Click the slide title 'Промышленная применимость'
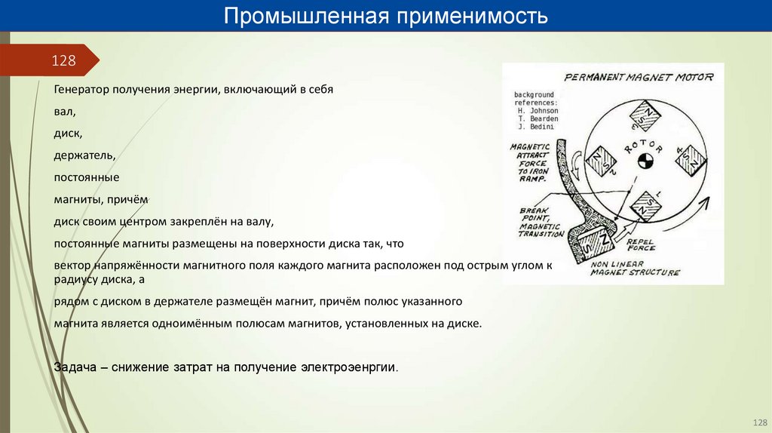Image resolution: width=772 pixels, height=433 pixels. (x=385, y=16)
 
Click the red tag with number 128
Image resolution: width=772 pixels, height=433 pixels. (x=63, y=60)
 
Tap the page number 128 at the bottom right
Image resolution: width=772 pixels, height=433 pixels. (x=758, y=422)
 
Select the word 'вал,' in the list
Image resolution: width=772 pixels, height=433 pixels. (x=65, y=112)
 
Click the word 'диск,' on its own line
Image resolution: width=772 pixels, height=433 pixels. (x=69, y=134)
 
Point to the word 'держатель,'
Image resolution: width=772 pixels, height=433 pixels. (x=84, y=155)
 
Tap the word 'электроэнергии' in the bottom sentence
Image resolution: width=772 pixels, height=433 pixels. (x=348, y=367)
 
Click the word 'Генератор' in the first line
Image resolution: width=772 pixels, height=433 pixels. (x=81, y=90)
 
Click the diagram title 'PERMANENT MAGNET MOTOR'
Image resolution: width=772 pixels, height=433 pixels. (x=639, y=76)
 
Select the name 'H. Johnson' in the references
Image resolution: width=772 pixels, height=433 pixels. (x=538, y=110)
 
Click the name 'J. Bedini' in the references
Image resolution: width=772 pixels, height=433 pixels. (x=536, y=126)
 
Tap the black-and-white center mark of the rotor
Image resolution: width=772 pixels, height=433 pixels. (x=645, y=160)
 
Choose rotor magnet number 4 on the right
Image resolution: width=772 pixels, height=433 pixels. (x=690, y=158)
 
